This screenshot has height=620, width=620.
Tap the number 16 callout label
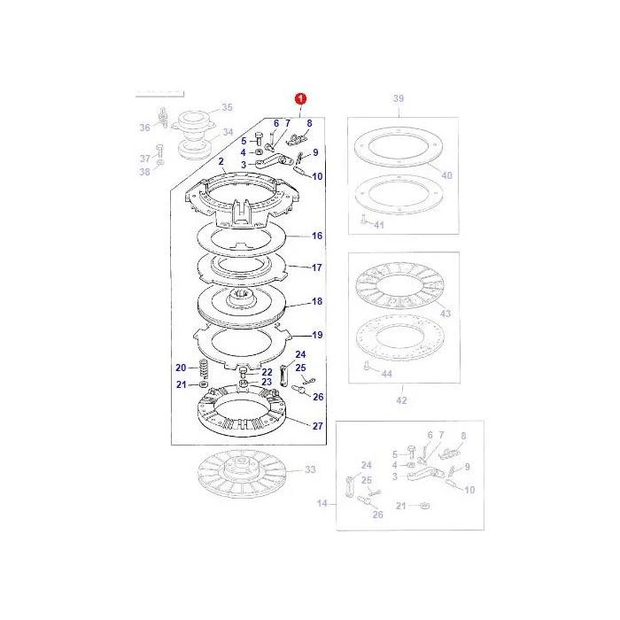(x=317, y=236)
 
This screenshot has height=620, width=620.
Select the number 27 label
(x=317, y=426)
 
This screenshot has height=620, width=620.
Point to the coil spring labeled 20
(x=203, y=368)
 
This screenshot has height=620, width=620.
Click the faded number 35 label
(x=227, y=107)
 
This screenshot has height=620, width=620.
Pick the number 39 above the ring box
(x=399, y=98)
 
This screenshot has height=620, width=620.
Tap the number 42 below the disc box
(x=401, y=400)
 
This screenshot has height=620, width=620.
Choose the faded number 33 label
(x=310, y=469)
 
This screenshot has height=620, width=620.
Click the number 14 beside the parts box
(x=322, y=503)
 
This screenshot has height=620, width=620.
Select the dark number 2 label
(x=221, y=161)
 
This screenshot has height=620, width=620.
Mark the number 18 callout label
(x=317, y=301)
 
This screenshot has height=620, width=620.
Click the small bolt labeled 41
(x=364, y=219)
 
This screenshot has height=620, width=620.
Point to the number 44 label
(x=387, y=374)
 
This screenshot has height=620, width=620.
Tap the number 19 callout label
(x=317, y=335)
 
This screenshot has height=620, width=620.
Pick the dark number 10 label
(x=317, y=176)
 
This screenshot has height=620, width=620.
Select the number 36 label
(x=145, y=128)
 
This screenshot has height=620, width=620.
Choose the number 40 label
(x=446, y=175)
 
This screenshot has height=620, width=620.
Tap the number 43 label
(x=446, y=314)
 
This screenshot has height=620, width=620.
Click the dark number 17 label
(x=317, y=267)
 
